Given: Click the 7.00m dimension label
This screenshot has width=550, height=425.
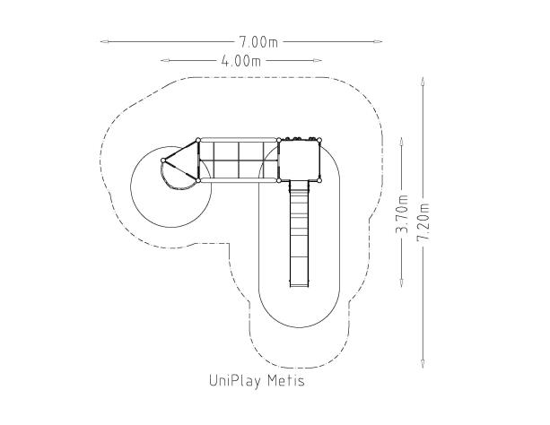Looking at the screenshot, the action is pos(258,42).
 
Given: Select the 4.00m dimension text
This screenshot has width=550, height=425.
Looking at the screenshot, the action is pos(241,61).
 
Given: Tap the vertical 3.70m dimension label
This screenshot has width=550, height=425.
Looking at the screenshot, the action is pos(402,213).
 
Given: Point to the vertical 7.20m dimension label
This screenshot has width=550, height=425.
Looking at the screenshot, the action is pos(423,222).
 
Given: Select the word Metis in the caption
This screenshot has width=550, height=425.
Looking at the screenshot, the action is pos(286,380).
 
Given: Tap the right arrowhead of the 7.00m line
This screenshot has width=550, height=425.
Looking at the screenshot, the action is pos(378,41).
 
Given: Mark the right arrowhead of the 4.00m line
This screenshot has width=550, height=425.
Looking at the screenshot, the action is pos(318,60).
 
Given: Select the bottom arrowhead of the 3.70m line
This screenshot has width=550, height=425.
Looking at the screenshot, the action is pos(402,283).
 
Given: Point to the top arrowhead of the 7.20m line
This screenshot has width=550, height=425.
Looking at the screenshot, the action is pos(423,82).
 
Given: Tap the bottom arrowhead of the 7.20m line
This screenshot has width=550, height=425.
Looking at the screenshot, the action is pos(423,364).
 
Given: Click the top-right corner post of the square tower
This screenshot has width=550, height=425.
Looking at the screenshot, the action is pos(319,140).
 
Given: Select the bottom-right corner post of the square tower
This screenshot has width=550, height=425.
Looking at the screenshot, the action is pos(319,180).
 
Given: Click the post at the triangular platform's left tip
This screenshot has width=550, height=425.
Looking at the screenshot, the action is pos(163,160).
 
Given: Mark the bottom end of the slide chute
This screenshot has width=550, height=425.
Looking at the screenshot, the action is pos(299,286).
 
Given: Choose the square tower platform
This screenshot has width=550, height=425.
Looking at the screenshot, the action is pos(299,160).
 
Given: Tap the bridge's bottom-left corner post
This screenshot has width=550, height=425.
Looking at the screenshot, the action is pos(198,180).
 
